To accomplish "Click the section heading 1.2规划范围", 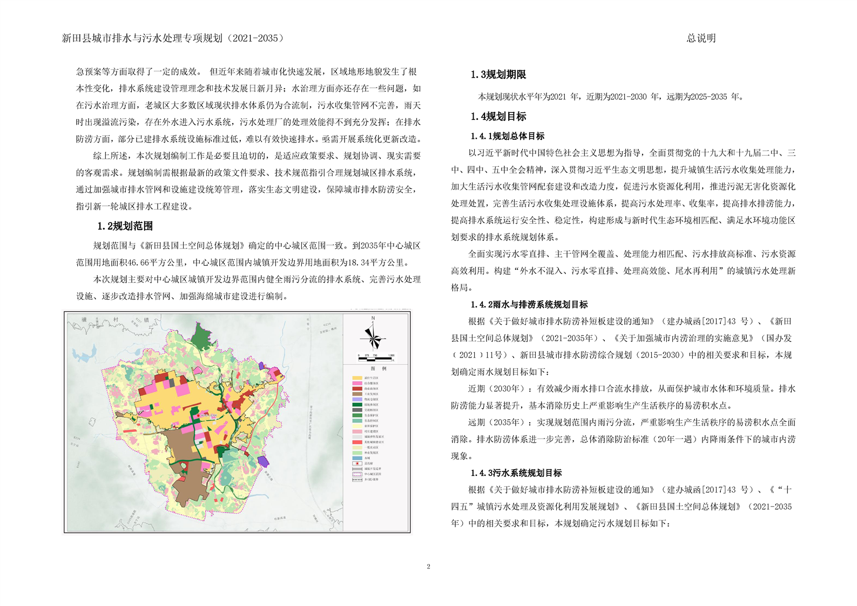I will pyautogui.click(x=125, y=226).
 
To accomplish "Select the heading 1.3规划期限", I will pyautogui.click(x=498, y=75).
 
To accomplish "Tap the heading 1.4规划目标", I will pyautogui.click(x=498, y=116).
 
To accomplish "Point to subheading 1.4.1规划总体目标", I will pyautogui.click(x=507, y=136).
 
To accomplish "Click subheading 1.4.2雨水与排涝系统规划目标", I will pyautogui.click(x=529, y=305).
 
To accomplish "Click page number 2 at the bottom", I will pyautogui.click(x=428, y=567).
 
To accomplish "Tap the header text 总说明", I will pyautogui.click(x=701, y=38).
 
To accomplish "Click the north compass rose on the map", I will pyautogui.click(x=373, y=335).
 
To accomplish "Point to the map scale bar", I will pyautogui.click(x=375, y=356).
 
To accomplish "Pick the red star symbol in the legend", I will pyautogui.click(x=357, y=463).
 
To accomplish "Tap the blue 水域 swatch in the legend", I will pyautogui.click(x=357, y=458).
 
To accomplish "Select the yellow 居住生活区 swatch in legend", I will pyautogui.click(x=357, y=378).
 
